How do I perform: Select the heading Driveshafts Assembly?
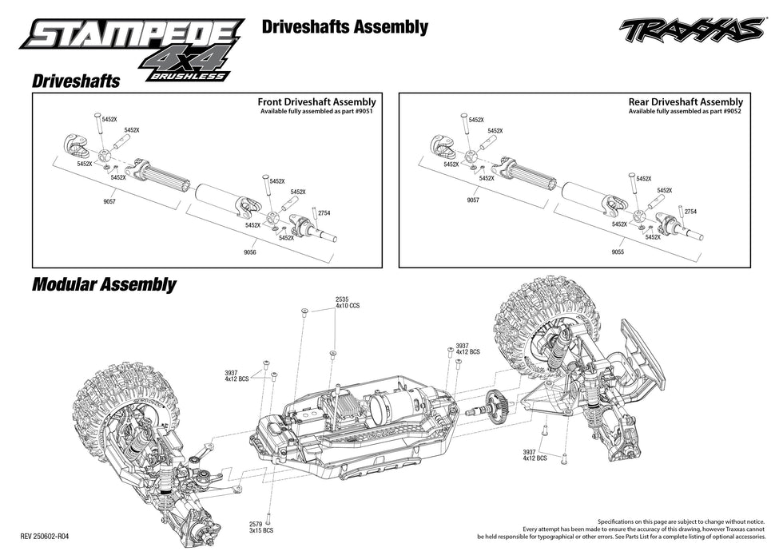pyautogui.click(x=344, y=27)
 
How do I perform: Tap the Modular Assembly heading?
pyautogui.click(x=104, y=284)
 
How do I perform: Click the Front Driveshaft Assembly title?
pyautogui.click(x=316, y=102)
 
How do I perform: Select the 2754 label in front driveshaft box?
pyautogui.click(x=324, y=213)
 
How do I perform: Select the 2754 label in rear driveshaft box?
pyautogui.click(x=690, y=212)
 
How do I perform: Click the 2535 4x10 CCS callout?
pyautogui.click(x=346, y=302)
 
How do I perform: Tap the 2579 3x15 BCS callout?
pyautogui.click(x=260, y=528)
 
